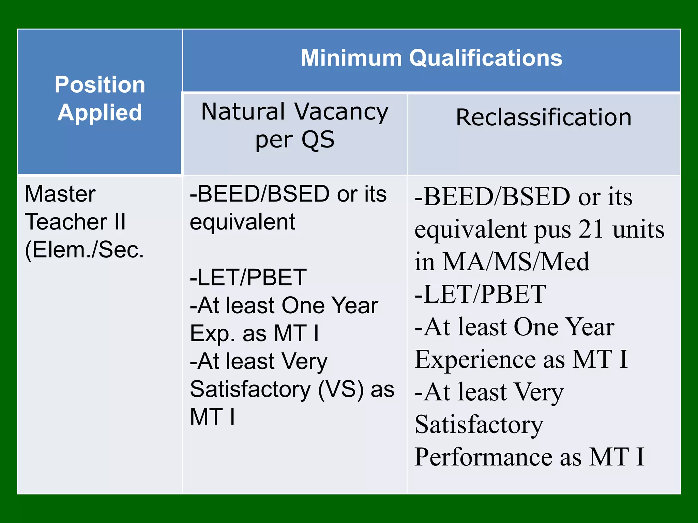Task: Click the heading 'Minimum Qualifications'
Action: point(431,58)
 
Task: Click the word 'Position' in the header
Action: point(100,84)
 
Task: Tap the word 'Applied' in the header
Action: point(100,112)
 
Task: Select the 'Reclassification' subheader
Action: point(544,117)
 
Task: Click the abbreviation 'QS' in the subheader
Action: point(318,140)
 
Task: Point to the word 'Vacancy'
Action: point(341,112)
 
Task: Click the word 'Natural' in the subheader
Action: point(243,112)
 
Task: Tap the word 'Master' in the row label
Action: point(60,194)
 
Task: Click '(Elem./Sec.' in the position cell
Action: point(84,250)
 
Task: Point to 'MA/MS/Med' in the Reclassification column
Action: point(516,262)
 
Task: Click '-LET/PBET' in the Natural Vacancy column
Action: point(248,278)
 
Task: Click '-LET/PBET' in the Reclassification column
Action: point(481,294)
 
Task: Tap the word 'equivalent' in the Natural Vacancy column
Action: point(242,222)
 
